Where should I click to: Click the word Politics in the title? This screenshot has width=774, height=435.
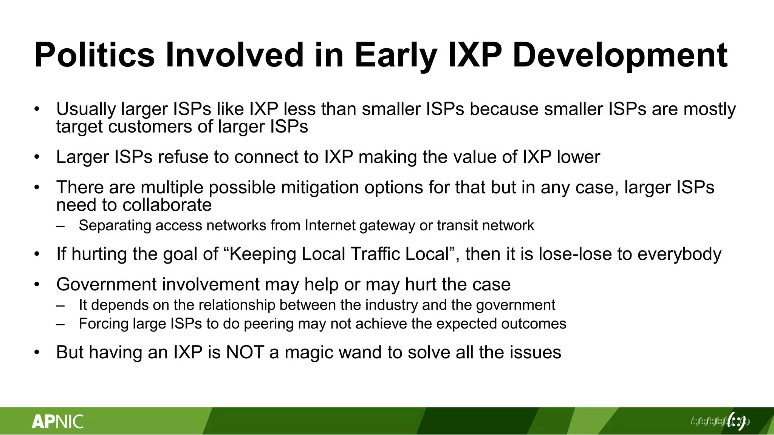[94, 55]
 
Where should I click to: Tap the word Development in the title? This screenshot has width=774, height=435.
[620, 55]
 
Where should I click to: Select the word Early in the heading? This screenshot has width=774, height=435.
[395, 55]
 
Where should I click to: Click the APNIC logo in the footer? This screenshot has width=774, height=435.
[57, 421]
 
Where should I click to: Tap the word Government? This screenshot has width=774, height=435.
[106, 285]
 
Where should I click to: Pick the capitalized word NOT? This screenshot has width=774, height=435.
[245, 353]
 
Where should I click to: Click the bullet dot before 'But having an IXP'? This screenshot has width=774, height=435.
[37, 353]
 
